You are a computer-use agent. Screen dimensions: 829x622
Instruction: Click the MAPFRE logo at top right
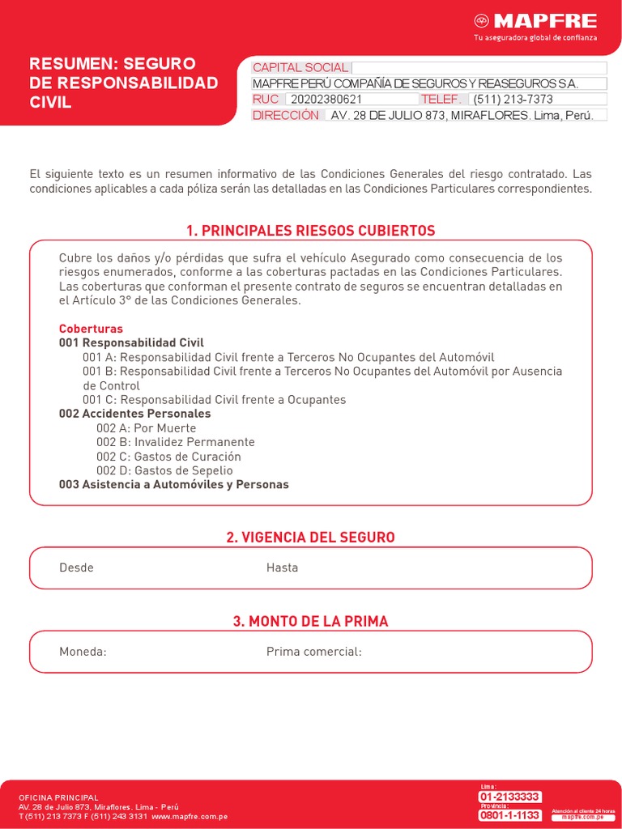[535, 22]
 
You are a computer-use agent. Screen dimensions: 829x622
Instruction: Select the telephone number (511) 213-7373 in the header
[513, 100]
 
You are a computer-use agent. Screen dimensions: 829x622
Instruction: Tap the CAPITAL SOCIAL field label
[300, 68]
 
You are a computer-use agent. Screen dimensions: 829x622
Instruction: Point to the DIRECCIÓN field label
[286, 115]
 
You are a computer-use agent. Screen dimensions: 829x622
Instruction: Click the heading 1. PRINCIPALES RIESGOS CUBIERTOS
[310, 231]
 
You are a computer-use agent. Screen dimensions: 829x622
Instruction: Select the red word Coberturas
[91, 329]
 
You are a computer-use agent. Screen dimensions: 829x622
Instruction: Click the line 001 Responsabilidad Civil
[131, 342]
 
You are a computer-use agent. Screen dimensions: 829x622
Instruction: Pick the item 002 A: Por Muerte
[146, 428]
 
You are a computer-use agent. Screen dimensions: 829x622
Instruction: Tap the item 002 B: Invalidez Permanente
[175, 442]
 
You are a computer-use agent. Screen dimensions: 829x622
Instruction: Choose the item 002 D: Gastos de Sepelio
[164, 470]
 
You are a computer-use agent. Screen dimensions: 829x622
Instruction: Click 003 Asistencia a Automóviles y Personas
[173, 485]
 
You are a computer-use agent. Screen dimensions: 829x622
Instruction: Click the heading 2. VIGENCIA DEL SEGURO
[310, 538]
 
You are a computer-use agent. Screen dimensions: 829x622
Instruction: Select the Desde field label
[76, 568]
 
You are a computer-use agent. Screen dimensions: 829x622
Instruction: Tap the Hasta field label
[282, 568]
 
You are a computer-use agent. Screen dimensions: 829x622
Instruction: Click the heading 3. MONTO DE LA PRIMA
[310, 622]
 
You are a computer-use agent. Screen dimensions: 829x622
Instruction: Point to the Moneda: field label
[83, 652]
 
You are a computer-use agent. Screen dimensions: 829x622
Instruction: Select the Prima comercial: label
[313, 652]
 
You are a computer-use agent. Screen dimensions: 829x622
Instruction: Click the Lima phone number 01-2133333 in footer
[509, 797]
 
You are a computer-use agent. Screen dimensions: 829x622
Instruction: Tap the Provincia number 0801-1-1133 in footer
[509, 815]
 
